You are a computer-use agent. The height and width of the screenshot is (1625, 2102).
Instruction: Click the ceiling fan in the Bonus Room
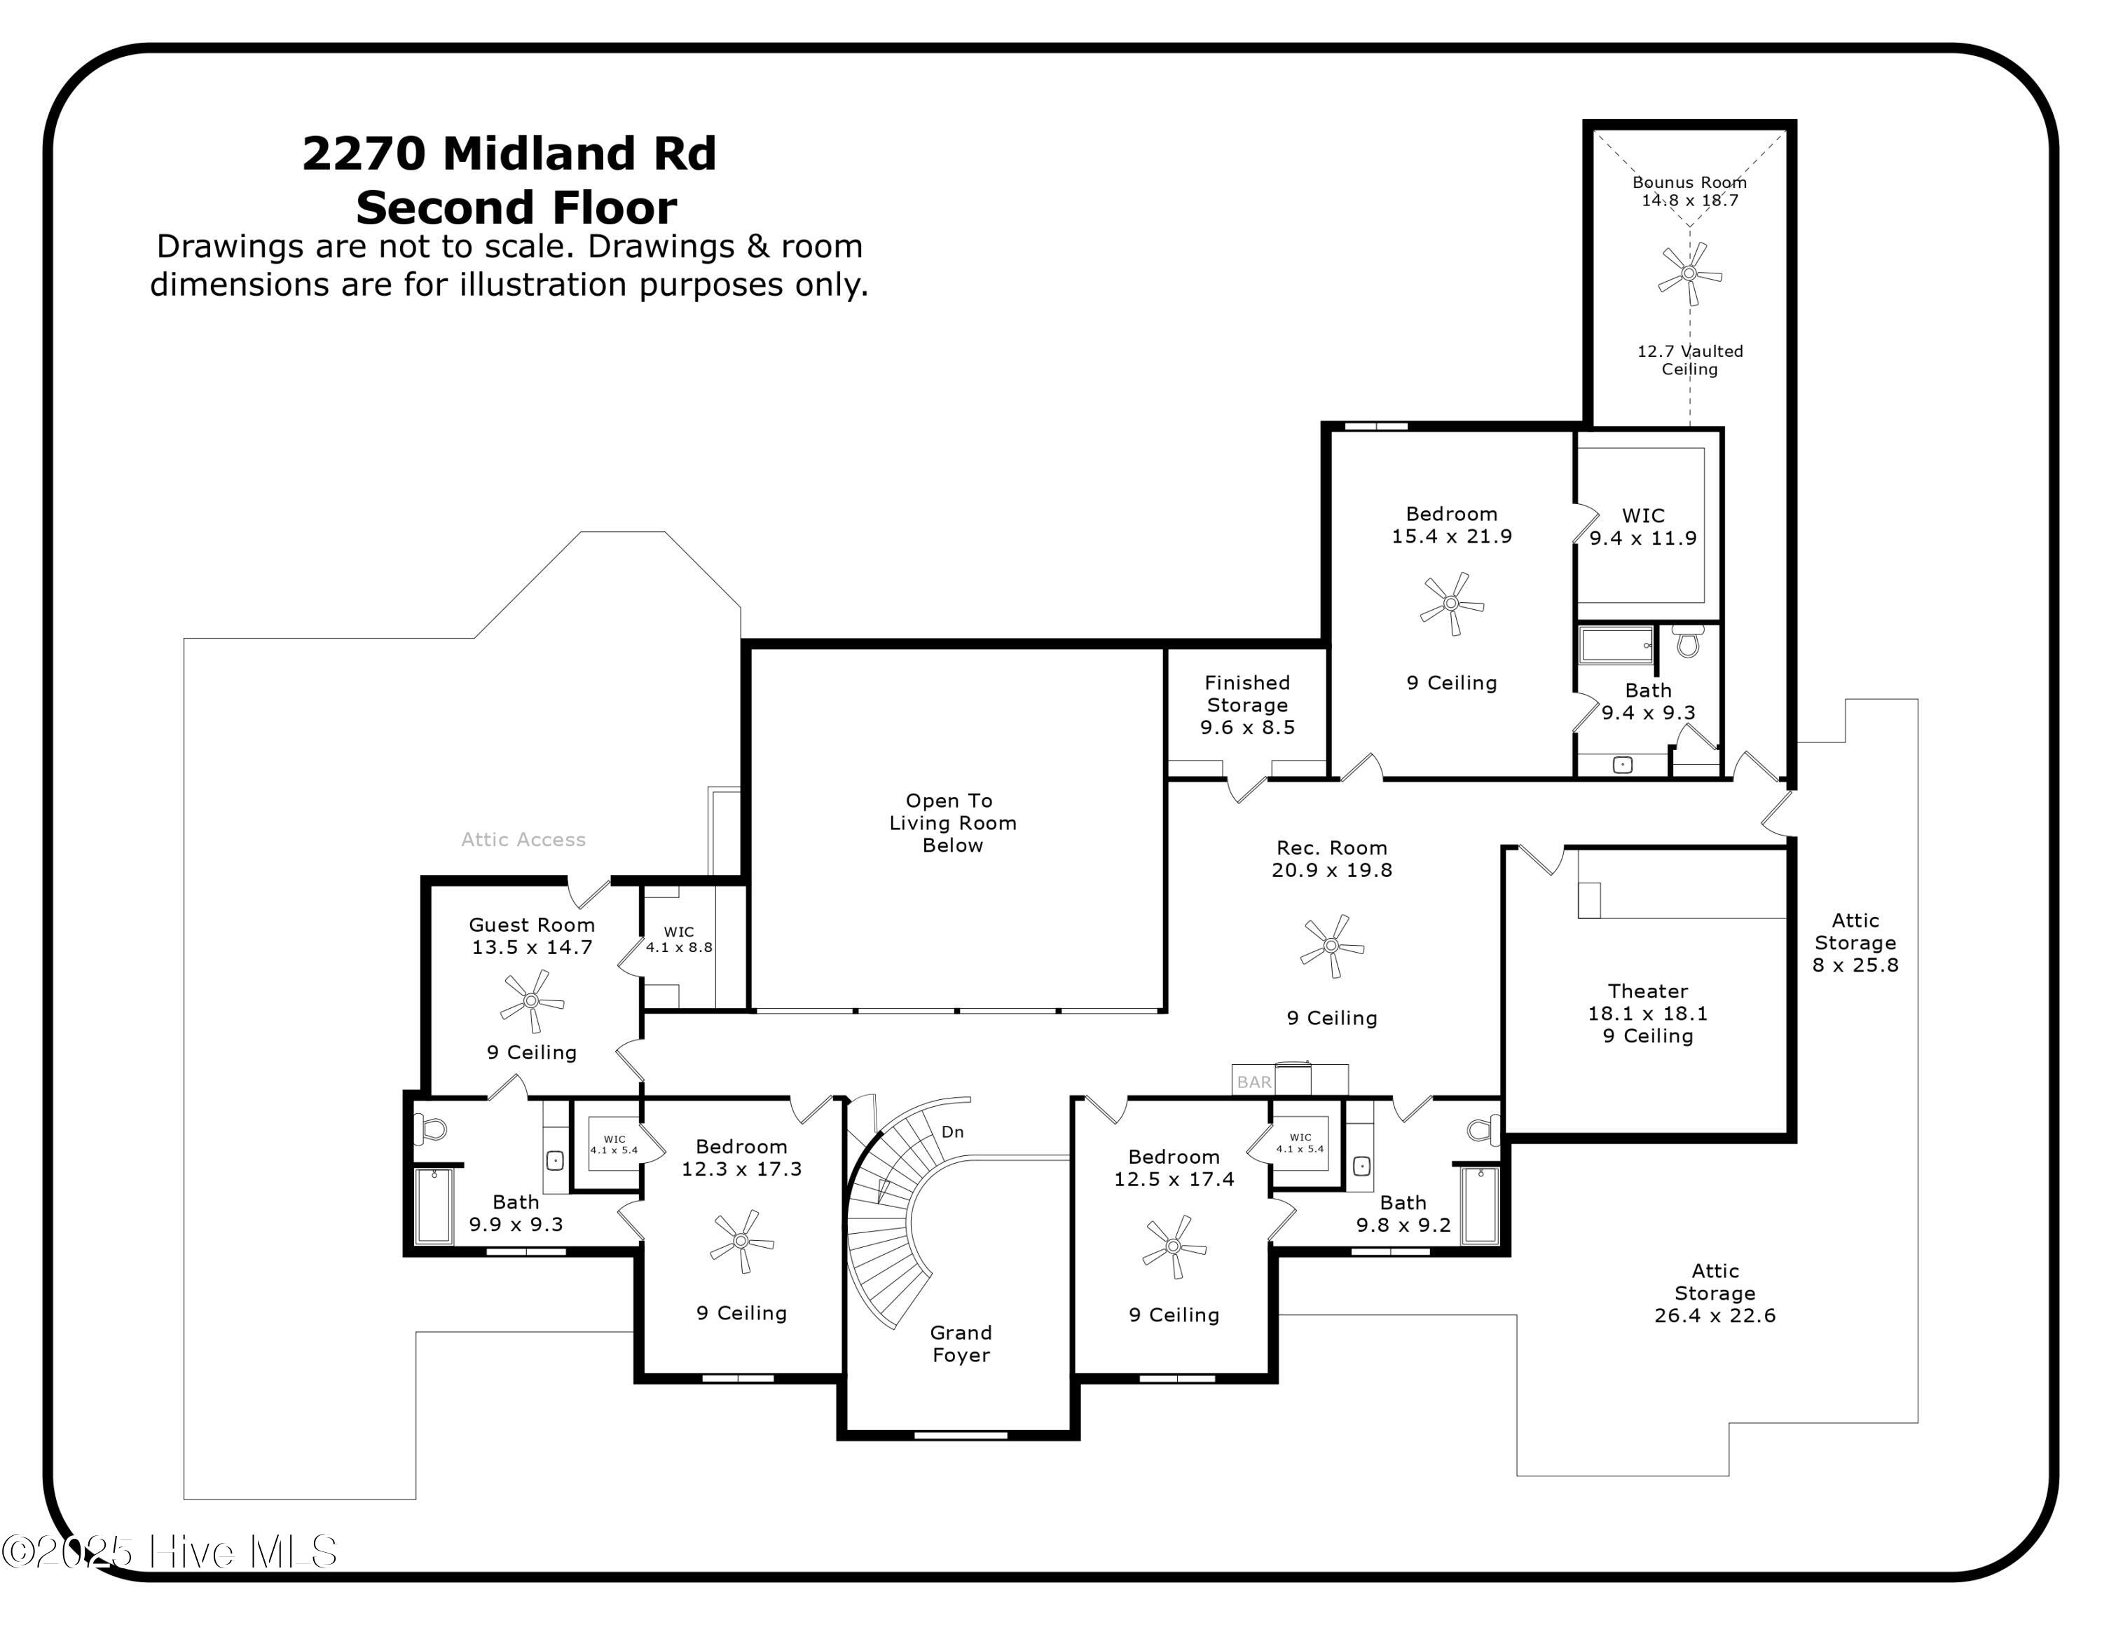(1689, 273)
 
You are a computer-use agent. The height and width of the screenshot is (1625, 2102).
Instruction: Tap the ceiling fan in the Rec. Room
(1331, 946)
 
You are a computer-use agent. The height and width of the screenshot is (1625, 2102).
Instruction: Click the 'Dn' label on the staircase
(952, 1132)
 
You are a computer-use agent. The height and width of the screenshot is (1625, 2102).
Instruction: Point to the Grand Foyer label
(960, 1344)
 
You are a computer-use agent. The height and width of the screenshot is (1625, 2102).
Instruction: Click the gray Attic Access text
(523, 839)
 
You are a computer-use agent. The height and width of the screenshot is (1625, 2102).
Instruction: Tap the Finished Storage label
(1246, 694)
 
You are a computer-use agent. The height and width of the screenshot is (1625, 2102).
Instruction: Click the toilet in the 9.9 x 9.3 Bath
(430, 1127)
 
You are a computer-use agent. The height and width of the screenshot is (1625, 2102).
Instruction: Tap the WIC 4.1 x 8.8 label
(678, 939)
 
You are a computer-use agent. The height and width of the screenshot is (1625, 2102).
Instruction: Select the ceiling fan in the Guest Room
(531, 1000)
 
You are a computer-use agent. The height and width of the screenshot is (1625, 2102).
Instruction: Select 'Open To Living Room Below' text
(952, 823)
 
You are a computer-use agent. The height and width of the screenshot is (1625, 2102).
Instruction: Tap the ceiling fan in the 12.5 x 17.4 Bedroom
(1173, 1246)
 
